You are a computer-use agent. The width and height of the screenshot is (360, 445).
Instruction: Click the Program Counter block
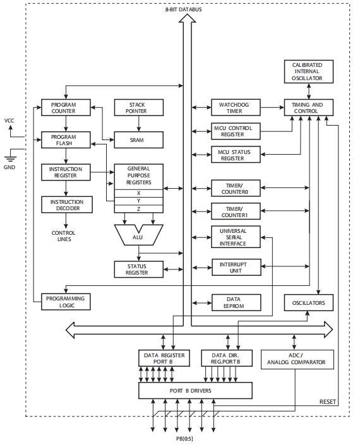(x=66, y=107)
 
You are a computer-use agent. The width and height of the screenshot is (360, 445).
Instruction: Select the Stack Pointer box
(x=138, y=107)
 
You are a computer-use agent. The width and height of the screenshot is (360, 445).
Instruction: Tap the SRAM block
(x=138, y=139)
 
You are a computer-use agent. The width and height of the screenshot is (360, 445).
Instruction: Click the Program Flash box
(x=66, y=139)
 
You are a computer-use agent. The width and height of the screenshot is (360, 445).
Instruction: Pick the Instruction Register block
(x=66, y=172)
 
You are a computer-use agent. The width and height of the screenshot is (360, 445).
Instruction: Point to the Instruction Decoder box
(x=66, y=205)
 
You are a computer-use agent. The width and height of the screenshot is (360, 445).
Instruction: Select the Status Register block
(x=138, y=269)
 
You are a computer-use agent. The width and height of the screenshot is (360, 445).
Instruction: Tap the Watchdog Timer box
(x=236, y=107)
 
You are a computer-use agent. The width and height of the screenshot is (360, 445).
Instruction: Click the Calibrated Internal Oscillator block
(x=308, y=72)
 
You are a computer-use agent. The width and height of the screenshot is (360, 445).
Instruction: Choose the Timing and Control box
(x=308, y=107)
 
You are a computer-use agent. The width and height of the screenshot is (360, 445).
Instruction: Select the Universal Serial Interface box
(x=236, y=237)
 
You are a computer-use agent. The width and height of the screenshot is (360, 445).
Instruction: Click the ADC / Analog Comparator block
(x=296, y=359)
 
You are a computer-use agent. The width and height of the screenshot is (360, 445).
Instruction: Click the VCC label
(x=9, y=120)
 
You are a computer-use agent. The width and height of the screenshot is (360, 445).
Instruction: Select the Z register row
(x=138, y=208)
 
